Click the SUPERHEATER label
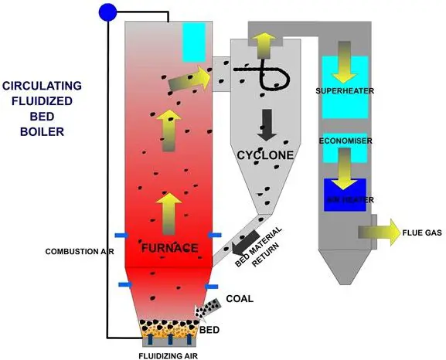[x=345, y=91]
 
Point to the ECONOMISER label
[x=345, y=141]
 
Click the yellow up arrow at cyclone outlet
[x=264, y=44]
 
